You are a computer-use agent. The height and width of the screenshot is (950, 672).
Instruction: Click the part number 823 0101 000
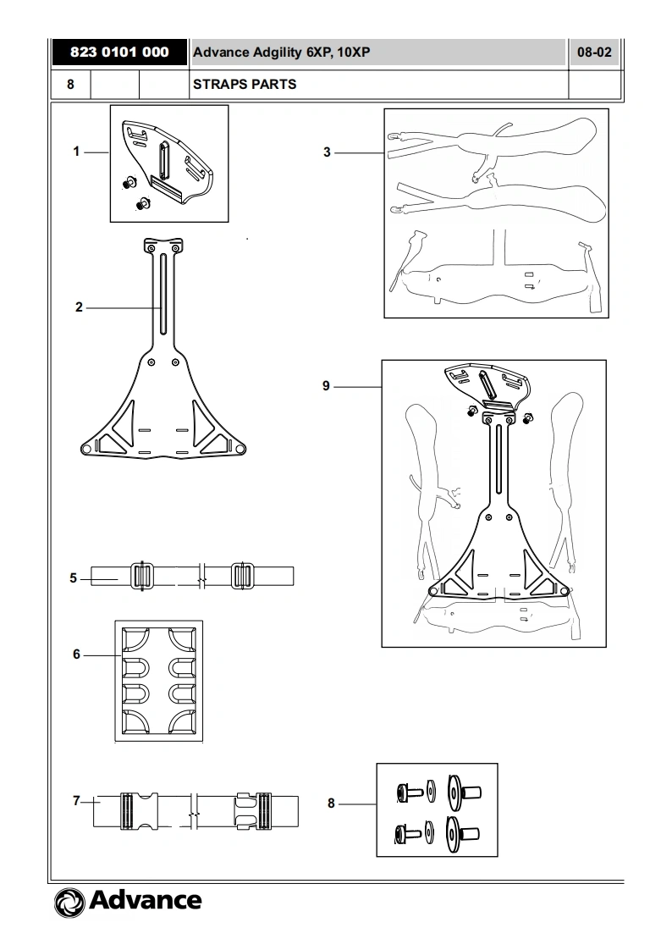pos(119,52)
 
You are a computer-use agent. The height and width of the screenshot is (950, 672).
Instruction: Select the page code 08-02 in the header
pos(594,52)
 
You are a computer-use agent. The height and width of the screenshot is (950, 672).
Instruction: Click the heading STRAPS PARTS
pos(245,84)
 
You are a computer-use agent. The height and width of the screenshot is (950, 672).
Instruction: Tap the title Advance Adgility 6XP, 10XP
pos(282,52)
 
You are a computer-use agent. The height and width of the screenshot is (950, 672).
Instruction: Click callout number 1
pos(76,152)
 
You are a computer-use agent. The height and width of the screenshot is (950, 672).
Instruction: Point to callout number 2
pos(79,307)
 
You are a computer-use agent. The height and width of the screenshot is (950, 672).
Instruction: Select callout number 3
pos(327,152)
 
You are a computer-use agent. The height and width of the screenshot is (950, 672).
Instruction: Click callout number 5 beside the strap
pos(74,578)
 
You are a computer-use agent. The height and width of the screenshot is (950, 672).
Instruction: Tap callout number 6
pos(76,655)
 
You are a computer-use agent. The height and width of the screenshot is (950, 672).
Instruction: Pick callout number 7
pos(76,801)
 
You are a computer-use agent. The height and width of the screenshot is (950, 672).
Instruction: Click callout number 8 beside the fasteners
pos(331,804)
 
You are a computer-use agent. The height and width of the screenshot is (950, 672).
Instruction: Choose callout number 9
pos(327,386)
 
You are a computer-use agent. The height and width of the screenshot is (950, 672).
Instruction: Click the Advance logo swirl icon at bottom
pos(69,903)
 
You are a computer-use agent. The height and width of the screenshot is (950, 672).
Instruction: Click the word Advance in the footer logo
pos(146,900)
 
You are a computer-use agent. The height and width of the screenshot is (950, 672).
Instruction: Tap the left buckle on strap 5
pos(141,576)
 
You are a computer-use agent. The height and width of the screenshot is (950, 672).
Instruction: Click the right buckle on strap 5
pos(242,576)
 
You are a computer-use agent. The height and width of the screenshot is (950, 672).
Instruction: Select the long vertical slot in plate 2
pos(162,295)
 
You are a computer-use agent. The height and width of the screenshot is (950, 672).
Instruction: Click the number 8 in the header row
pos(70,84)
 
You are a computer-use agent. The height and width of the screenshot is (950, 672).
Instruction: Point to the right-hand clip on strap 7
pos(254,810)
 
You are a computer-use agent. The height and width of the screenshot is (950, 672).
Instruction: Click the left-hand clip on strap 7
pos(140,810)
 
